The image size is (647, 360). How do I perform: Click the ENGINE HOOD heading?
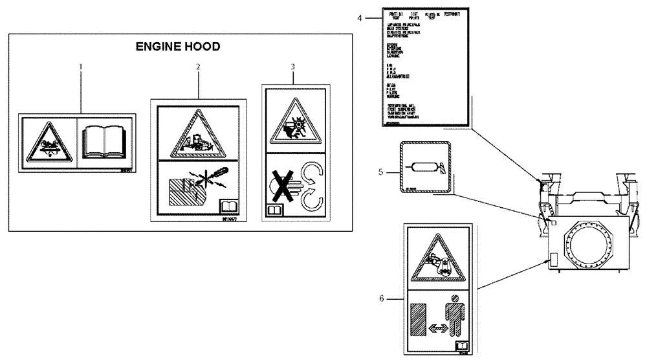[177, 47]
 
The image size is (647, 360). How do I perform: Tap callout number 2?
[198, 67]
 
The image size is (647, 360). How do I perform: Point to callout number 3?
[292, 67]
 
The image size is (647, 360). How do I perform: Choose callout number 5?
[382, 172]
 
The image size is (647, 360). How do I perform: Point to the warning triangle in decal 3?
[292, 121]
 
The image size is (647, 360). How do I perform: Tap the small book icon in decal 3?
[273, 210]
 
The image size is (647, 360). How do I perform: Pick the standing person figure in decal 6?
[454, 317]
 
